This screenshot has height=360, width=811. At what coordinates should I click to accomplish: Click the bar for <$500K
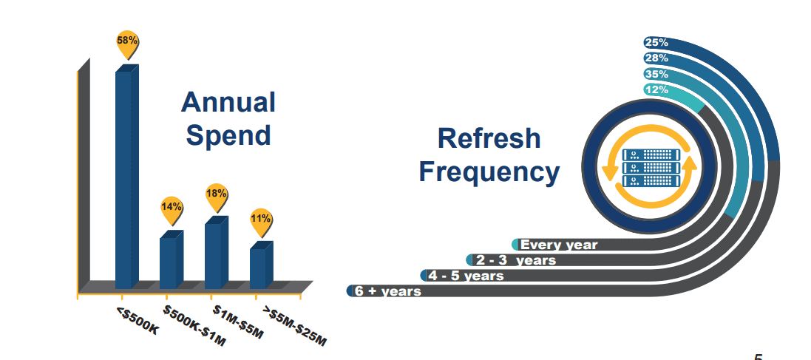pos(126,177)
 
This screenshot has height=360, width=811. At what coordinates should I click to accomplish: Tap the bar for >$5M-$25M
pos(261,267)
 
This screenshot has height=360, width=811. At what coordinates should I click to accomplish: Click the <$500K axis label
pos(138,321)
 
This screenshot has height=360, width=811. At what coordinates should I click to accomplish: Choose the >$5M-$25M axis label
pos(294,326)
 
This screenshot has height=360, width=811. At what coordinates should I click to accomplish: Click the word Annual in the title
pos(228,103)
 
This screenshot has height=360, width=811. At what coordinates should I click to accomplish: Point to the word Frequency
pos(489,171)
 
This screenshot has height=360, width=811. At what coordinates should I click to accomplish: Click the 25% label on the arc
pos(656,42)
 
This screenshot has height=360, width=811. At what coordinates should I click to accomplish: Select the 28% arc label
pos(656,58)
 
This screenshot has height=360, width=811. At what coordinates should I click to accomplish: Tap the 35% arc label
pos(656,74)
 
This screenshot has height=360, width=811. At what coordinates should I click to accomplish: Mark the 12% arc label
pos(656,90)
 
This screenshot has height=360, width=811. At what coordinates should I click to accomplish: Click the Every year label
pos(559,245)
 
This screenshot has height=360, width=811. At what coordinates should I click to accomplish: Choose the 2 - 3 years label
pos(515,260)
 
